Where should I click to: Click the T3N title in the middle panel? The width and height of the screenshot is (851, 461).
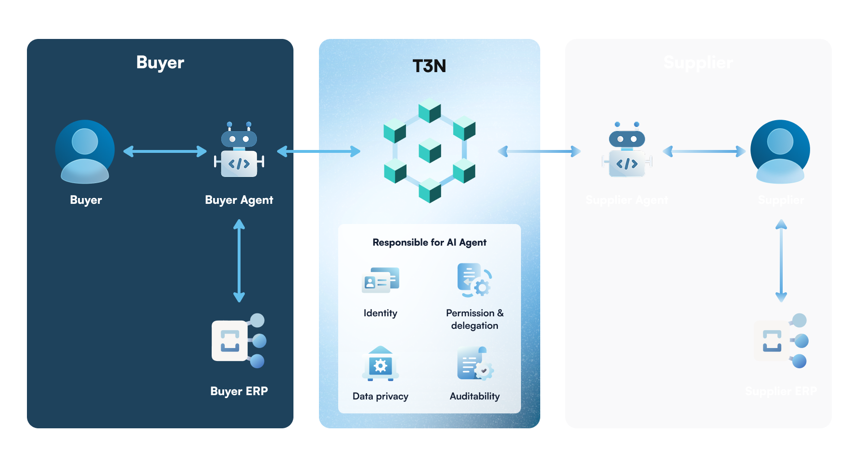(x=429, y=66)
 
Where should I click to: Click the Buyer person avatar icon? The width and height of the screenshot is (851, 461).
(x=85, y=151)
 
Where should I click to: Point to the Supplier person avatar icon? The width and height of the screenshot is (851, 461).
(x=780, y=151)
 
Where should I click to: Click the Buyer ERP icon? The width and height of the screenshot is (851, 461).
(x=239, y=341)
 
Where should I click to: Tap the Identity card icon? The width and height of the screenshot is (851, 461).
(x=380, y=280)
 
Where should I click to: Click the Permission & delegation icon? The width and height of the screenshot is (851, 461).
(x=474, y=280)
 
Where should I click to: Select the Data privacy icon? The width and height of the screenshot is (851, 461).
(x=380, y=364)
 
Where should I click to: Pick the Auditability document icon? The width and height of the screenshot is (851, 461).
(x=474, y=364)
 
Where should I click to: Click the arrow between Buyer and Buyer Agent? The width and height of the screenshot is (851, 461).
(x=165, y=151)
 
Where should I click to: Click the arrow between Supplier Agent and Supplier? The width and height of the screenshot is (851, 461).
(x=704, y=151)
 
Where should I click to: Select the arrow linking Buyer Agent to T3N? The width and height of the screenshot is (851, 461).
(x=318, y=151)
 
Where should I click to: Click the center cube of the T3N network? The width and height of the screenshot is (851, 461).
(x=430, y=150)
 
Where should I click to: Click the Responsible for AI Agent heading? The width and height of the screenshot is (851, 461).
(x=429, y=242)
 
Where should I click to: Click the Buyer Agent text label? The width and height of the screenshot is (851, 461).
(x=239, y=200)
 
